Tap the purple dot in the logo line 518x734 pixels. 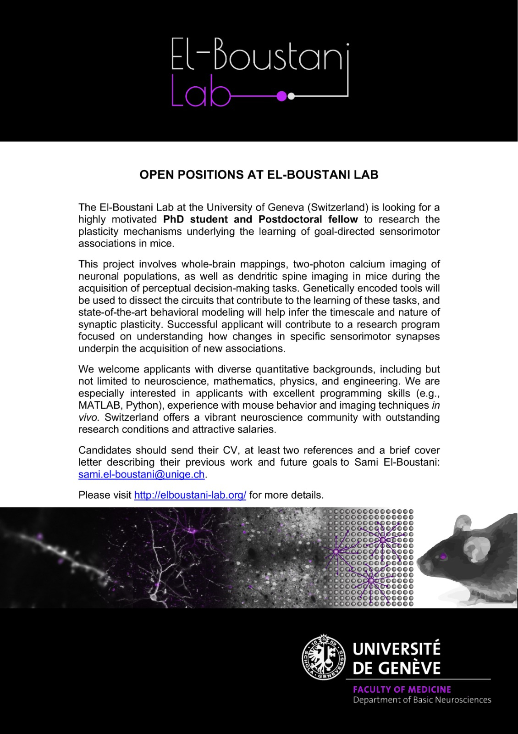[x=282, y=96]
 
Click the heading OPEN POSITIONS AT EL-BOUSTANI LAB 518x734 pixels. [x=259, y=175]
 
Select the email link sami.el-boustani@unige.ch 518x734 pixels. [x=141, y=474]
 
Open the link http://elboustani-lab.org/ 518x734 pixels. [x=190, y=495]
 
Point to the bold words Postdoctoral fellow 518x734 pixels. [x=308, y=219]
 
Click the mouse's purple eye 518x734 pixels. [x=443, y=556]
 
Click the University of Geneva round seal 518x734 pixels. [x=324, y=657]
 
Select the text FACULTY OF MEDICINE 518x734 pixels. [x=402, y=689]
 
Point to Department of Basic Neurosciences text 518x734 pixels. [x=422, y=700]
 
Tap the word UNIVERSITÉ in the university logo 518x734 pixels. [x=397, y=649]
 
